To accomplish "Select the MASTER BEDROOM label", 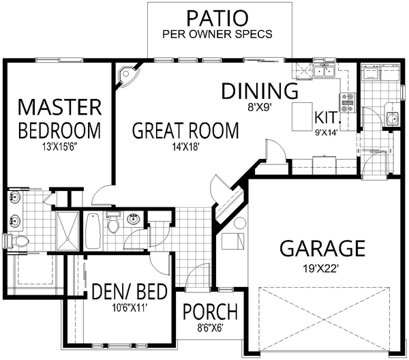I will [59, 118].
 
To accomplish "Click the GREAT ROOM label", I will [185, 130].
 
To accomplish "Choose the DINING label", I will [260, 91].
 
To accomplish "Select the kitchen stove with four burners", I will [347, 102].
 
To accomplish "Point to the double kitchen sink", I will [322, 70].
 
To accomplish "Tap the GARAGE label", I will [321, 247].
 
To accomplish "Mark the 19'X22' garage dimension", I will [321, 267].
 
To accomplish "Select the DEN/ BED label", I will [130, 293].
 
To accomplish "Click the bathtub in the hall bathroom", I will [93, 230].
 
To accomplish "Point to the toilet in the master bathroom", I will [16, 241].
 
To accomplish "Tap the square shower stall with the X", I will [67, 230].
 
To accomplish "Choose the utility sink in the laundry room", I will [391, 119].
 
